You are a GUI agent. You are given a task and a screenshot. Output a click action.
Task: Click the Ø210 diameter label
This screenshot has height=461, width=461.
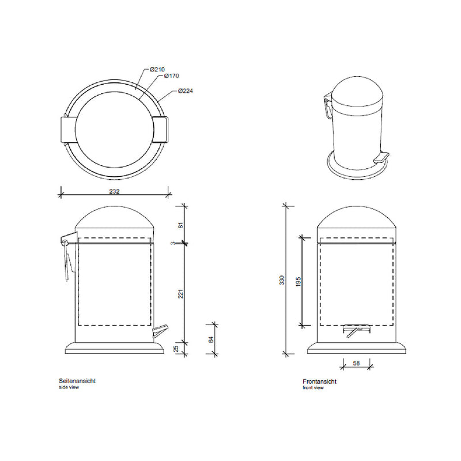pyautogui.click(x=157, y=70)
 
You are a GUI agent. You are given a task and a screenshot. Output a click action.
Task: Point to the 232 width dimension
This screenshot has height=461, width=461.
pyautogui.click(x=114, y=191)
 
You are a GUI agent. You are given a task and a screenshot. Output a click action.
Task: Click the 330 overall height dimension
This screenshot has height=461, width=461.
pyautogui.click(x=282, y=280)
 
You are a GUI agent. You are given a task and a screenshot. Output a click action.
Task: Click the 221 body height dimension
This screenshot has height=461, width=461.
pyautogui.click(x=181, y=293)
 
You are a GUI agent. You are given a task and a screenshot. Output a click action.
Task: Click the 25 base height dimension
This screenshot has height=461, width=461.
pyautogui.click(x=181, y=347)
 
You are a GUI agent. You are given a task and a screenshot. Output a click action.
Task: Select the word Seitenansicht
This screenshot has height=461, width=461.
pyautogui.click(x=77, y=381)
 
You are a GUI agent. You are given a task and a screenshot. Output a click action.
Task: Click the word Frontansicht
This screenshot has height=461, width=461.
pyautogui.click(x=319, y=381)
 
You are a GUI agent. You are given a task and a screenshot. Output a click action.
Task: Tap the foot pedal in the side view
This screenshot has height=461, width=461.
pyautogui.click(x=160, y=331)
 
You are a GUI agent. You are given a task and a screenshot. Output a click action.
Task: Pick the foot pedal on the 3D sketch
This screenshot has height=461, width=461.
pyautogui.click(x=381, y=157)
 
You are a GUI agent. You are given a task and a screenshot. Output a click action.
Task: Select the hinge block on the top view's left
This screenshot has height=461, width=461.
pyautogui.click(x=67, y=129)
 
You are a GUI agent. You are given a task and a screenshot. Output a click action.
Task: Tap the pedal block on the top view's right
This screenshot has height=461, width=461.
pyautogui.click(x=160, y=129)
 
